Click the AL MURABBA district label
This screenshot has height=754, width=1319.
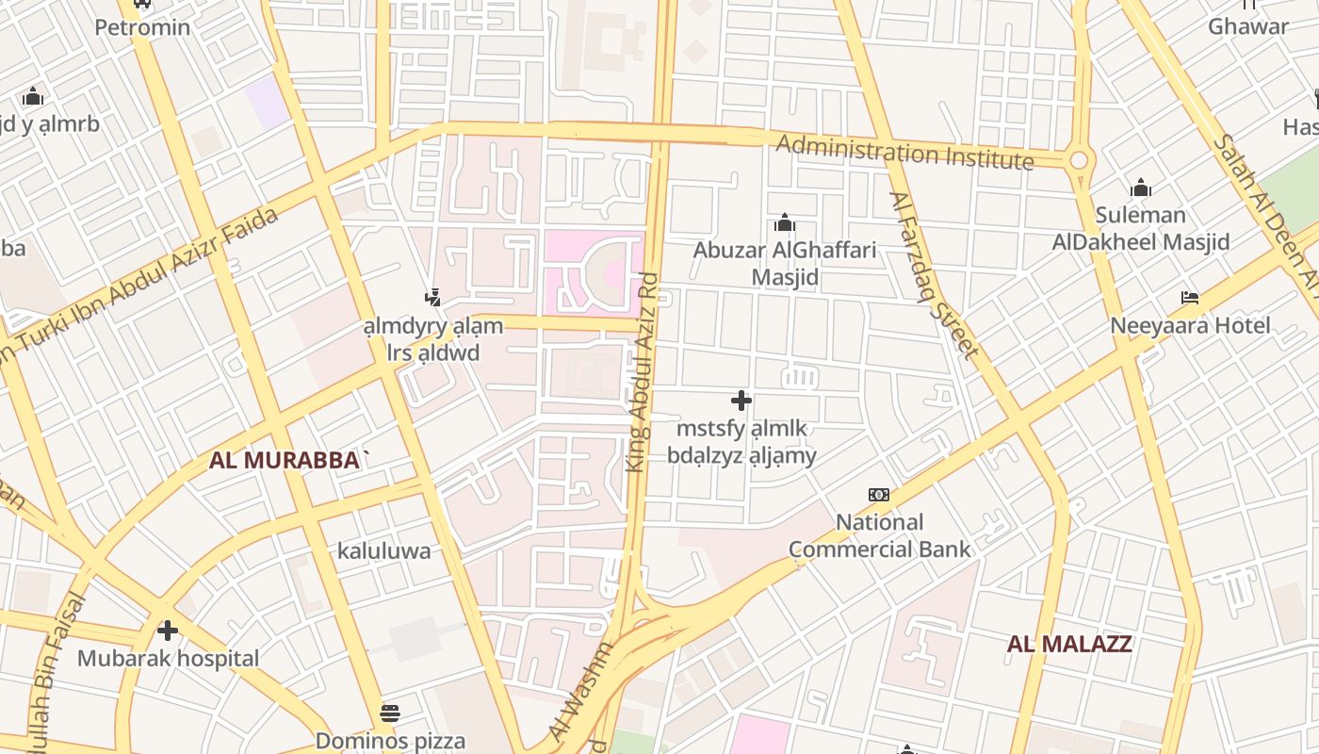[289, 461]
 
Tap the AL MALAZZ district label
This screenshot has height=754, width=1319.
[1069, 645]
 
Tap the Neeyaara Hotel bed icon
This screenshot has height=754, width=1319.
[1190, 298]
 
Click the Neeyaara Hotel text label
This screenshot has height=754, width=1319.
[1190, 326]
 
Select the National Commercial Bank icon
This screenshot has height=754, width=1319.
[879, 495]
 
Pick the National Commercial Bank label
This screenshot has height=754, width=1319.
[879, 535]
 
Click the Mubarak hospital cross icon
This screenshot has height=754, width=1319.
[168, 630]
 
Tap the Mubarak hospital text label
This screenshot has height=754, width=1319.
[168, 658]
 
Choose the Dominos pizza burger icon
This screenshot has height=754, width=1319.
[390, 712]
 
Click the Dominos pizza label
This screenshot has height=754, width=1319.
[390, 741]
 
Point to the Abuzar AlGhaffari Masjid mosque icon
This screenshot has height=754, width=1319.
[784, 223]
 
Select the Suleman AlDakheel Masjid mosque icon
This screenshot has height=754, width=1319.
[1141, 188]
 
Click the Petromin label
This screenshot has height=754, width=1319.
[142, 27]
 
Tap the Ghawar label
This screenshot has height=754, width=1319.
[1248, 26]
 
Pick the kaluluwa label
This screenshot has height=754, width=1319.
[384, 551]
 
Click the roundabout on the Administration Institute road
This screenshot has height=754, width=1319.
[1079, 160]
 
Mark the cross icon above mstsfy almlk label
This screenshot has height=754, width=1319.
[741, 401]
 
